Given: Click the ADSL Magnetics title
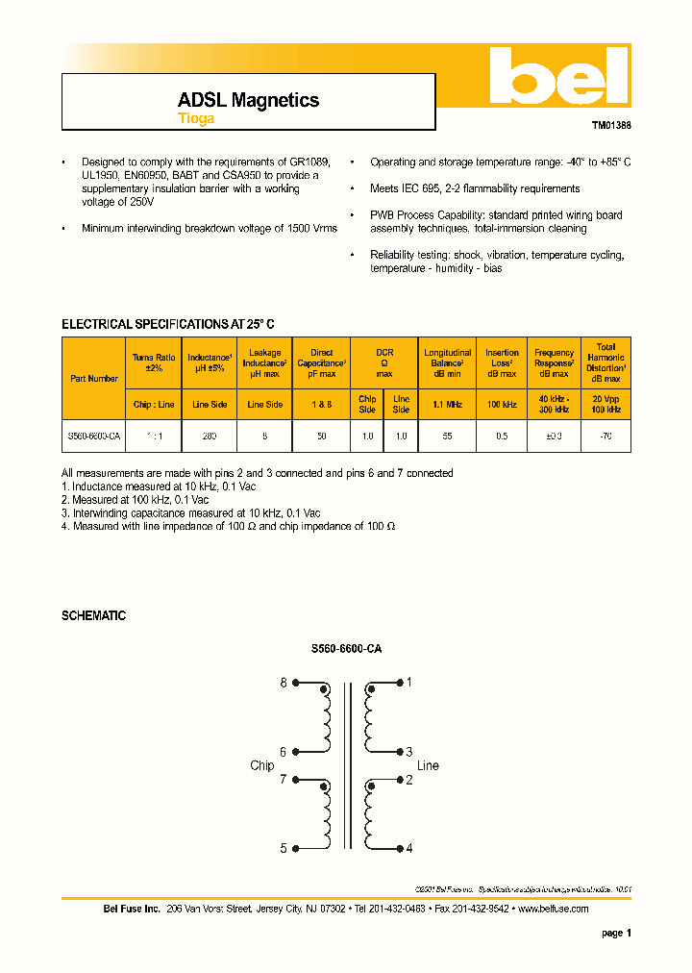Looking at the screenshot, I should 248,100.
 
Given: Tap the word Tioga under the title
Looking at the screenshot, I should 195,119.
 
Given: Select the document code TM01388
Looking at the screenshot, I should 610,125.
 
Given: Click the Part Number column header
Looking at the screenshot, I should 94,378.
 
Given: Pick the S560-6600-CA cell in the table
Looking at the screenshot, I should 94,436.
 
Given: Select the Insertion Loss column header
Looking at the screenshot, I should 502,362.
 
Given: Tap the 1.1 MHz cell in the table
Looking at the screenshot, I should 448,405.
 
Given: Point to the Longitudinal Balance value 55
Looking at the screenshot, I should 448,436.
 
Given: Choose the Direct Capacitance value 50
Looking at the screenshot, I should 321,436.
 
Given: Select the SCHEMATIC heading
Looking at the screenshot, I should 93,615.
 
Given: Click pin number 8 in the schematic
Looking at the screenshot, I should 284,683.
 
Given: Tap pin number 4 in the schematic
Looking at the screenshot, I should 409,848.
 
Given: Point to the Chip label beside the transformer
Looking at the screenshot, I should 261,765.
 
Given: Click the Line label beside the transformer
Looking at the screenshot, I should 428,765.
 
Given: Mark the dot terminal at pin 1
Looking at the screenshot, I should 397,684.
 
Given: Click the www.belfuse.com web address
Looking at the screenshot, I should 553,909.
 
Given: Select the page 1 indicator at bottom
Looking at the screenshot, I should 616,933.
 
